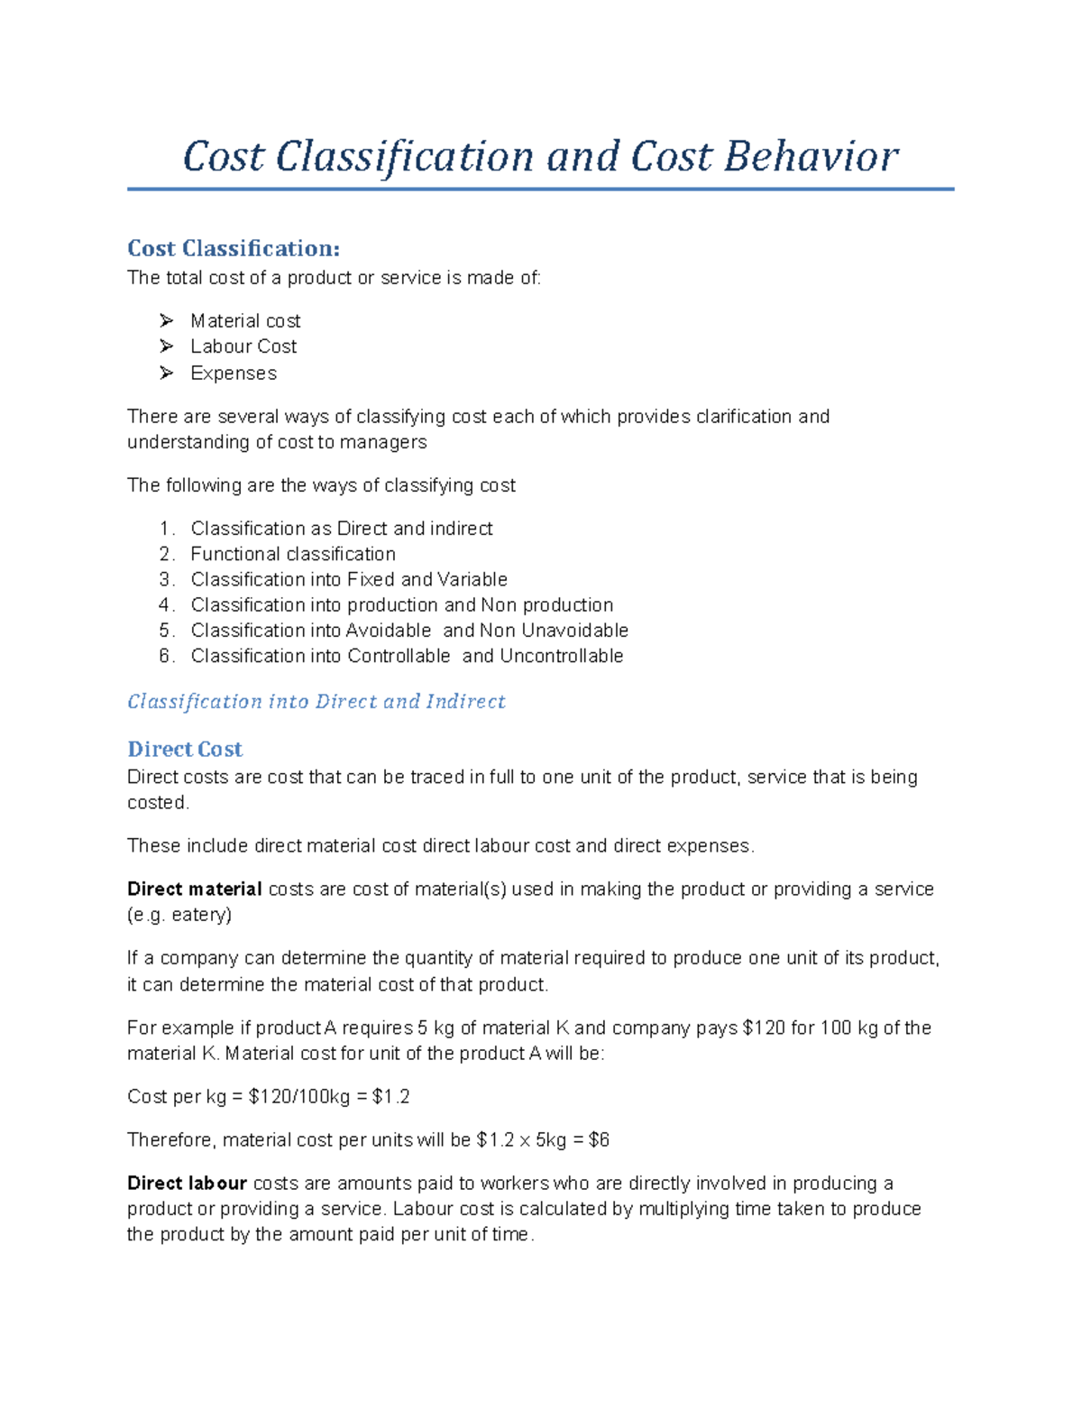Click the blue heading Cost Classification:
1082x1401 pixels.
click(x=234, y=248)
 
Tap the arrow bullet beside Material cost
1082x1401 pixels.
click(x=166, y=320)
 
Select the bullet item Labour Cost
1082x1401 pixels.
click(x=243, y=346)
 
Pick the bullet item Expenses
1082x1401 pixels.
click(x=233, y=373)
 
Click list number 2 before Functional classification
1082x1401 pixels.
click(x=166, y=554)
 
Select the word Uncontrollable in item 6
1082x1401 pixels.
click(x=561, y=656)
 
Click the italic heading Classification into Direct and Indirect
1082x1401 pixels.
click(x=316, y=702)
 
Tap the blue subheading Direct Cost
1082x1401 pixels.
click(x=185, y=749)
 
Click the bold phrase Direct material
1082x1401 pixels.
click(x=194, y=889)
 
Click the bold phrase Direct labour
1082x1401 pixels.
click(x=187, y=1184)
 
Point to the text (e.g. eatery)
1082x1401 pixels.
click(x=179, y=915)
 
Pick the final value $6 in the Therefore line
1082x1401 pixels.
click(x=599, y=1140)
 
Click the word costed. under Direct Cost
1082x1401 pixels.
click(x=158, y=803)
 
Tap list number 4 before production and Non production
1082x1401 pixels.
click(x=166, y=605)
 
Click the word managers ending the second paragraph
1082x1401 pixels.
click(x=382, y=442)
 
